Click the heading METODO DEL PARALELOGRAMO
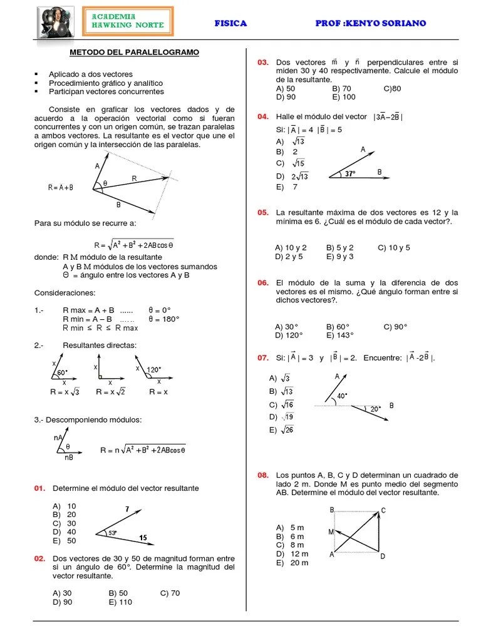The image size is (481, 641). pos(133,53)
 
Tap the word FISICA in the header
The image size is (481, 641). pos(230,23)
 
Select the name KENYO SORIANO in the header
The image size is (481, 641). pos(392,23)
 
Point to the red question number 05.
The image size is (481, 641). pos(263,212)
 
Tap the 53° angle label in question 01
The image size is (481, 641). pos(113,533)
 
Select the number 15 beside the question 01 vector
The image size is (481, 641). pos(143,537)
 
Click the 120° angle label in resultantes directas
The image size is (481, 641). pos(153,369)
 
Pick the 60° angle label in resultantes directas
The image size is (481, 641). pos(63,372)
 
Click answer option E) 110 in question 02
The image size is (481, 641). pos(120,602)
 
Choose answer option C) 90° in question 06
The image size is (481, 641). pos(395,326)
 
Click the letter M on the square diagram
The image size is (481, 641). pos(331,531)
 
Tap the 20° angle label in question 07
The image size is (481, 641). pos(375,409)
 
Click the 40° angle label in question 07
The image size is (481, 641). pos(342,396)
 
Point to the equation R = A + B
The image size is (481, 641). pos(61,187)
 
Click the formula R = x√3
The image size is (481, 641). pos(65,392)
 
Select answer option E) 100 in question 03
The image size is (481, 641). pos(344,97)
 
